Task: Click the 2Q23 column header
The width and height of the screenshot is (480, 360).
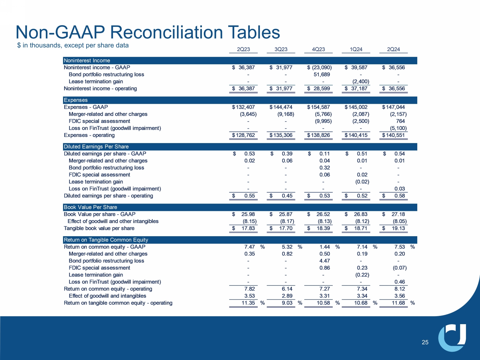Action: [x=243, y=49]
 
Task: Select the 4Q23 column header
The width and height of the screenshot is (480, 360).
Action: [x=318, y=49]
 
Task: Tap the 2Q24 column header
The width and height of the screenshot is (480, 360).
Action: [x=393, y=49]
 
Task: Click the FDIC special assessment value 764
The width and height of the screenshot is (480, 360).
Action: [x=400, y=121]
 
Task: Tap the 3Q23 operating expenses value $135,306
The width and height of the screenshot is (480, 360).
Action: [x=281, y=135]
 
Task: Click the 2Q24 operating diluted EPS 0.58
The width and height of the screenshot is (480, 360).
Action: [x=399, y=196]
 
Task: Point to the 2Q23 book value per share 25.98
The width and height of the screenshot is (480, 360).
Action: [x=248, y=214]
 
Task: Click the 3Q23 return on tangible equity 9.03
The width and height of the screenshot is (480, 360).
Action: [x=287, y=303]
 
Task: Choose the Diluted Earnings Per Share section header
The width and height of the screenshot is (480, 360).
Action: [x=96, y=147]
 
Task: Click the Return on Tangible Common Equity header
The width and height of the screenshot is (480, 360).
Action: [x=106, y=240]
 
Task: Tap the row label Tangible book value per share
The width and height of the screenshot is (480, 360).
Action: [x=99, y=228]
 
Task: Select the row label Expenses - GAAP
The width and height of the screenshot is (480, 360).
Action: [x=86, y=107]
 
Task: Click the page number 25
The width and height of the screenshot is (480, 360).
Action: [x=425, y=342]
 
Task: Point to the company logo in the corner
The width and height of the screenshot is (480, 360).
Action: [x=452, y=337]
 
